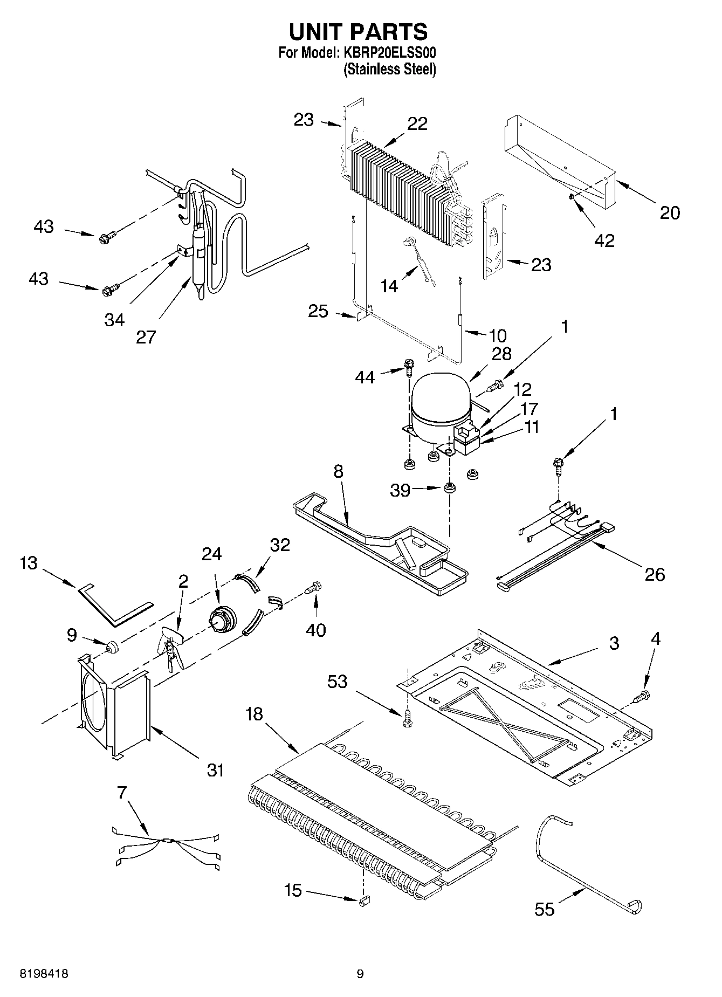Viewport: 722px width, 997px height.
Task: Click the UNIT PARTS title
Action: tap(358, 32)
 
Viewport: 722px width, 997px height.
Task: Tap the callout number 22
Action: tap(417, 123)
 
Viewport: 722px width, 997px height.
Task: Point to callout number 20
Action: tap(670, 213)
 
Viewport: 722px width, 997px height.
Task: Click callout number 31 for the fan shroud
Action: tap(215, 770)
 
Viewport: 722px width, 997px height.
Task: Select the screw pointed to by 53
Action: tap(408, 718)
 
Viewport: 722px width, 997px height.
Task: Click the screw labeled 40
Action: tap(314, 588)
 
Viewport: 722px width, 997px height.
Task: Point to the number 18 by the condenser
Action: tap(254, 714)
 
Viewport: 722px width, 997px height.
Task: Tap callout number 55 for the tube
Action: tap(545, 910)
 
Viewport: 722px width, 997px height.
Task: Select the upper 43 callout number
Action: tap(44, 226)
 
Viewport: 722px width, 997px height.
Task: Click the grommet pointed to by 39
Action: tap(449, 489)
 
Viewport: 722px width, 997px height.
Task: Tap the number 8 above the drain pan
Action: tap(338, 471)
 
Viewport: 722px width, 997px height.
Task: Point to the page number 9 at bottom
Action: tap(360, 974)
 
